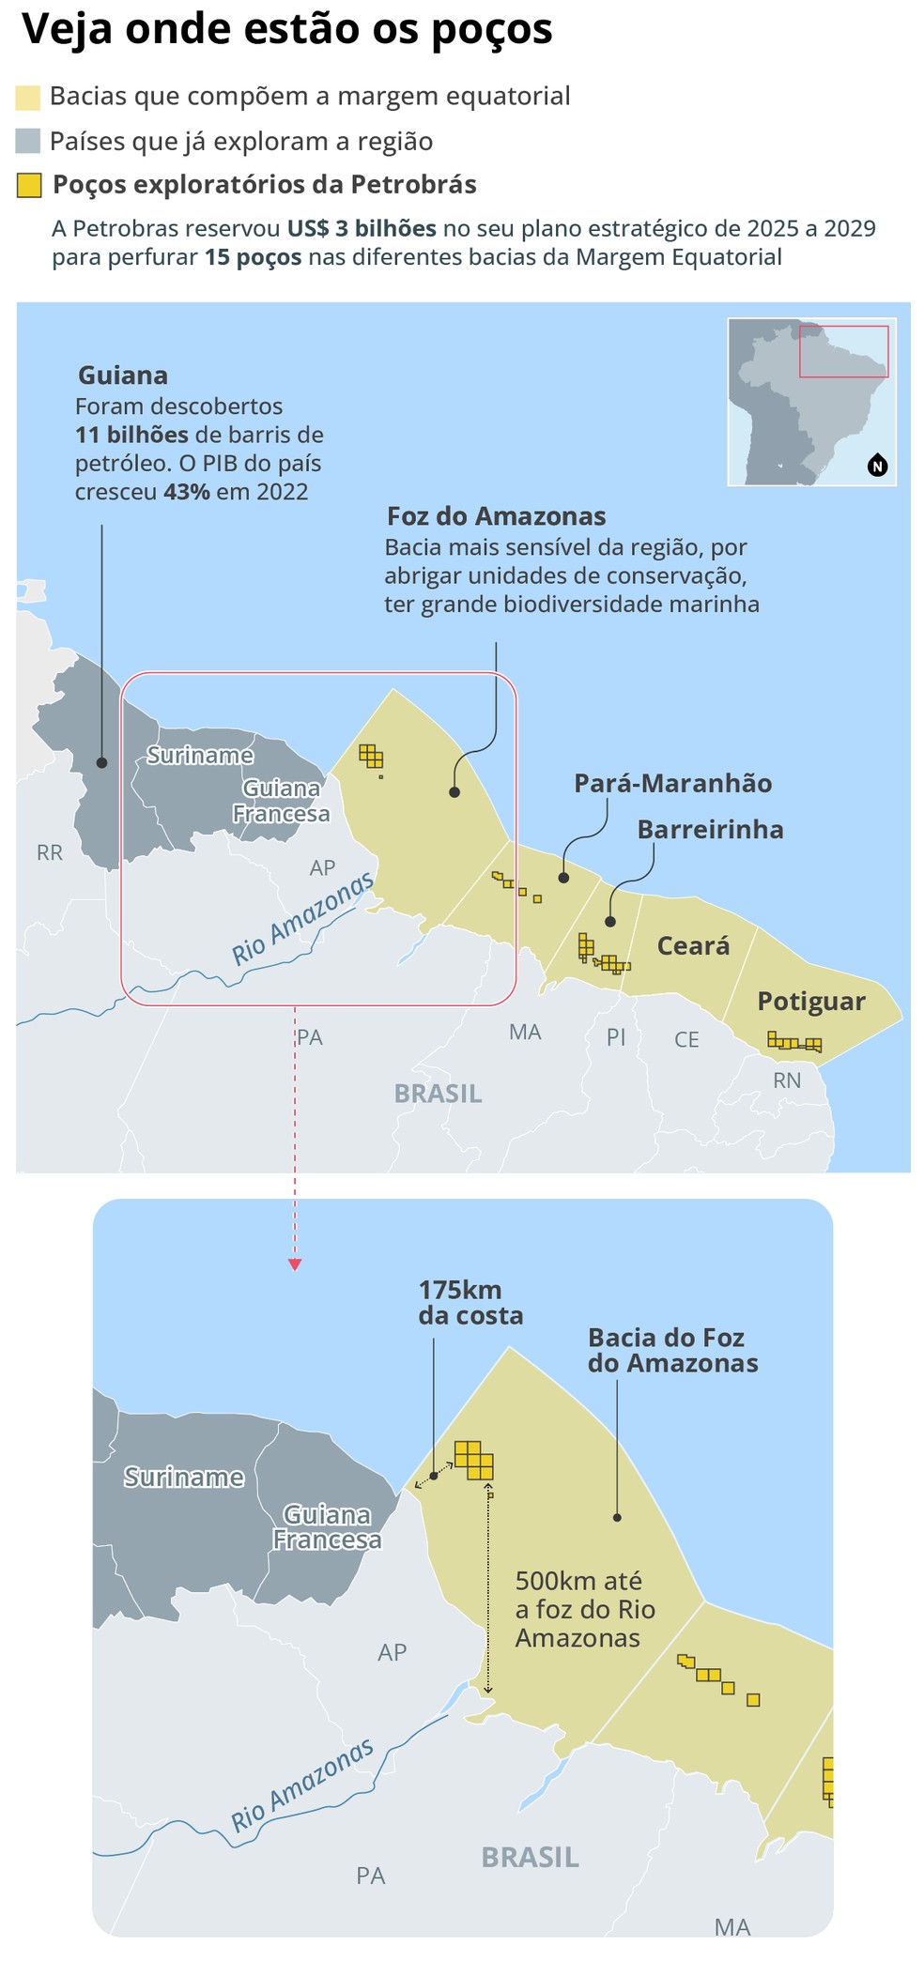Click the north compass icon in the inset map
[877, 465]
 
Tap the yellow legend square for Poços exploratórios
[29, 185]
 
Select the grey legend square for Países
[28, 141]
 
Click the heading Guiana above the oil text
[123, 375]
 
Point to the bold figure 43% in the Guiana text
[186, 492]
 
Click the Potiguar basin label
[810, 1001]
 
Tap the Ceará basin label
[693, 945]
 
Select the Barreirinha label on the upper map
[710, 829]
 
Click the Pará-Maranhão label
[672, 783]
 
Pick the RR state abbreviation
[50, 852]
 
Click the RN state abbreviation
[786, 1080]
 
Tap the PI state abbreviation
[616, 1036]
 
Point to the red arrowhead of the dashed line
[295, 1264]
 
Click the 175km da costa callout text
[470, 1302]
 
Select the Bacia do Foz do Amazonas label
[671, 1350]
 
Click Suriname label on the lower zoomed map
[184, 1477]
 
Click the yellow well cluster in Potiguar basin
[794, 1042]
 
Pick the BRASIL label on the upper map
[438, 1094]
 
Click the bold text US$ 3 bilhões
[362, 228]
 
